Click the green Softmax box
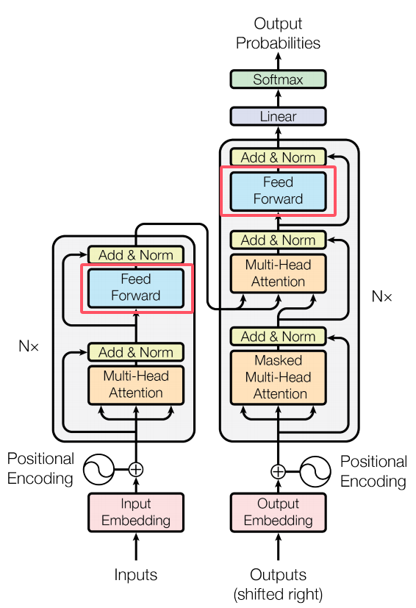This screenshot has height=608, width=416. coord(278,79)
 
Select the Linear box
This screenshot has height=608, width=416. coord(278,116)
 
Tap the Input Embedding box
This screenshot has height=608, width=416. coord(136,512)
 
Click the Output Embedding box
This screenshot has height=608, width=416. coord(278,512)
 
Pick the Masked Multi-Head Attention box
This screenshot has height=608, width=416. coord(278,377)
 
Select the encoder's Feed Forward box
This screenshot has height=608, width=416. coord(136,288)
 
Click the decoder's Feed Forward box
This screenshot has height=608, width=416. coord(278,191)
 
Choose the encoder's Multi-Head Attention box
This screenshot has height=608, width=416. coord(136,385)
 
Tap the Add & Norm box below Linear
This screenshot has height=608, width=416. coord(278,157)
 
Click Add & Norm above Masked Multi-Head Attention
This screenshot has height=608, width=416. coord(278,337)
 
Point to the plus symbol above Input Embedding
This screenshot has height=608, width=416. coord(136,470)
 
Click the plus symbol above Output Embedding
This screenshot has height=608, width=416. coord(278,471)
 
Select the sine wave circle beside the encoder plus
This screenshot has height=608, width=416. coord(99,470)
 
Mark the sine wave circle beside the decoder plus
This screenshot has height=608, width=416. coord(315,471)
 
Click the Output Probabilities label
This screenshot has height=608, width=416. coord(278,33)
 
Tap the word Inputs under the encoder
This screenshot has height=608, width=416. coord(136,575)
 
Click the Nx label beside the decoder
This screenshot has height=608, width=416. coord(381,296)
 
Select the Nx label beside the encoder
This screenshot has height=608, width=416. coord(29,346)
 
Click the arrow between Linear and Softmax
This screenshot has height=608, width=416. coord(278,98)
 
